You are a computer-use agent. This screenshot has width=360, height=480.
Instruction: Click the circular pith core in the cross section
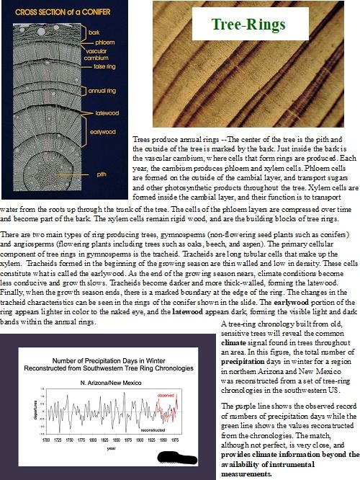point(61,174)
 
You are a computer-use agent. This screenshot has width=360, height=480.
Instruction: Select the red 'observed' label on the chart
point(166,395)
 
